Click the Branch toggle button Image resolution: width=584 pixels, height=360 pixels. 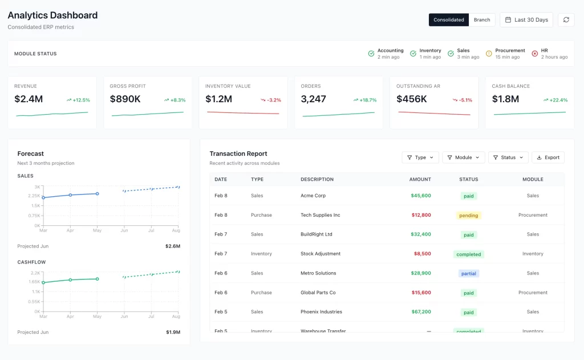click(x=482, y=20)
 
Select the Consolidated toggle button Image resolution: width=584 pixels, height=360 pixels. click(x=449, y=20)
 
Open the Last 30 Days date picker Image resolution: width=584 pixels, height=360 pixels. click(x=526, y=20)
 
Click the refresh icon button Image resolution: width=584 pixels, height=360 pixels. click(x=566, y=20)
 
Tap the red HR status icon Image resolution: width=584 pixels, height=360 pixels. click(x=534, y=54)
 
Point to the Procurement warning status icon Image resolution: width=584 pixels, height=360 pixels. click(x=489, y=54)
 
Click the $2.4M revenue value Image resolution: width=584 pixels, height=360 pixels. click(x=29, y=99)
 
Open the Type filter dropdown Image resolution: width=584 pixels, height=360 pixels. click(x=420, y=157)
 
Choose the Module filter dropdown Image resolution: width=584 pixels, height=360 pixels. click(x=464, y=157)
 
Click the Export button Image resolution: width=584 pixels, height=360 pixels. click(x=548, y=157)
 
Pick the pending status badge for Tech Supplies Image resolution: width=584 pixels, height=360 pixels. click(x=469, y=216)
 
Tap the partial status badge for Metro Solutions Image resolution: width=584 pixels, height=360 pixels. click(x=469, y=274)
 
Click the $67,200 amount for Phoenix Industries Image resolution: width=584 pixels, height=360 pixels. click(x=420, y=312)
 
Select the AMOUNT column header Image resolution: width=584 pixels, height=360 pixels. click(x=420, y=179)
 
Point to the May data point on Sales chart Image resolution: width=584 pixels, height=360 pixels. click(x=97, y=193)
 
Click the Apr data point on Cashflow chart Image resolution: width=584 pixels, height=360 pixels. click(x=70, y=280)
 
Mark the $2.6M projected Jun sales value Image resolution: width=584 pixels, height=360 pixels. click(x=173, y=246)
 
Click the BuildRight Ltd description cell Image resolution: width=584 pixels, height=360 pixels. click(x=316, y=234)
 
